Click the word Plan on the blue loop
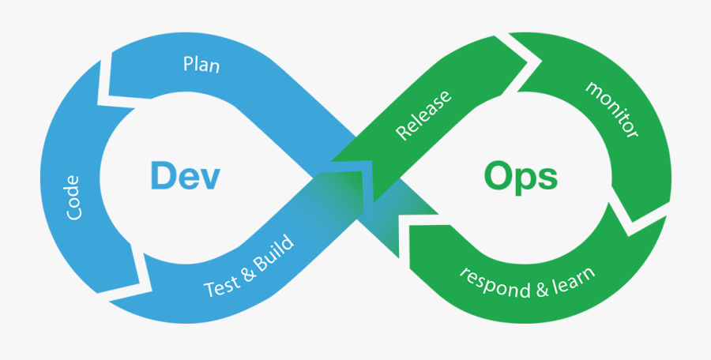[201, 65]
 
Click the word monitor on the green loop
[611, 109]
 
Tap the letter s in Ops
[547, 179]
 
